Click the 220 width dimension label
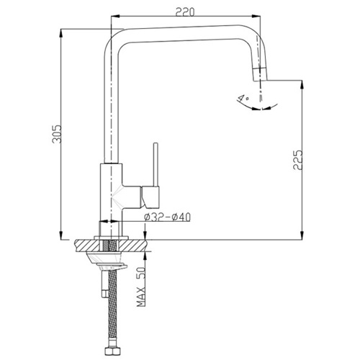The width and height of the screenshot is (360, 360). pos(185,12)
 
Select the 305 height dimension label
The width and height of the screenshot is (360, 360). pos(57,134)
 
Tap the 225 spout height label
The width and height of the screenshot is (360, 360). pos(297,160)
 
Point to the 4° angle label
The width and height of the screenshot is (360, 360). pos(243,98)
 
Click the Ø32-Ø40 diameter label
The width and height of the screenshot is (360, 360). pos(167,217)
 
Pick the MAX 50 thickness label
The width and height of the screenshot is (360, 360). pos(141,287)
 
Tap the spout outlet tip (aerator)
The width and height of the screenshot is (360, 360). pos(260,74)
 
